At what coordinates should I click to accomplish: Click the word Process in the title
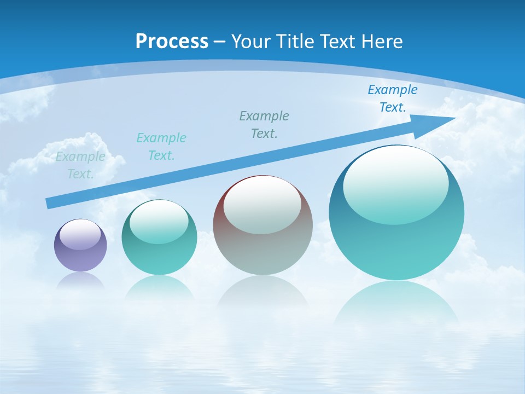tap(172, 42)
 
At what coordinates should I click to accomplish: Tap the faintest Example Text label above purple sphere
tap(80, 165)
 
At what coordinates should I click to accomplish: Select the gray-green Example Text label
tap(264, 125)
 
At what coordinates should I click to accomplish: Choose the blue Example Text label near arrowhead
tap(392, 99)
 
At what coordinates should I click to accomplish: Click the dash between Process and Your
tap(219, 42)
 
